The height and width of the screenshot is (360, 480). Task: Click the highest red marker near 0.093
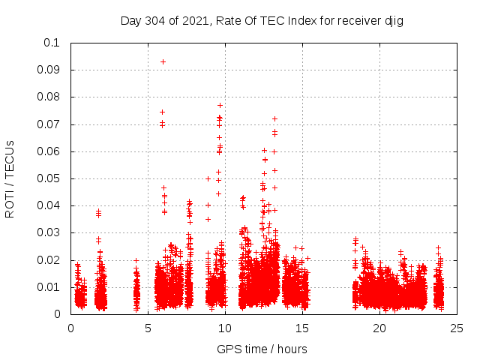coord(163,61)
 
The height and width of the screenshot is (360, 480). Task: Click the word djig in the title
coord(394,21)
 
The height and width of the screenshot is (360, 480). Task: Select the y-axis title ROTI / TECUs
coord(10,178)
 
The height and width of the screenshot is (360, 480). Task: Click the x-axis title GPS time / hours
coord(262,349)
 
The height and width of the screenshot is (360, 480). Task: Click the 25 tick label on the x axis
coord(457,328)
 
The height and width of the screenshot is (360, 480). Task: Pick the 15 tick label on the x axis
coord(302,328)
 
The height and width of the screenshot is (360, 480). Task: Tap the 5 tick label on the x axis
coord(148,328)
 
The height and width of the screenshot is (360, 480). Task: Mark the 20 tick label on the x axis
coord(379,328)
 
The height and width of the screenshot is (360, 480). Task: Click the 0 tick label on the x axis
coord(70,328)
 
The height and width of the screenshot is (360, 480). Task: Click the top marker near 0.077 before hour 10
coord(220,105)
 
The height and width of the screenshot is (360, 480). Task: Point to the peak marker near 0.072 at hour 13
coord(274,118)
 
